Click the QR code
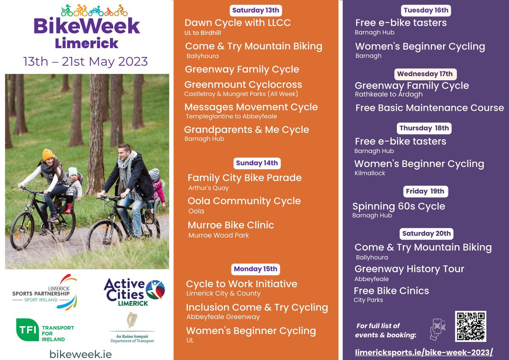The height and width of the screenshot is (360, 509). click(x=470, y=326)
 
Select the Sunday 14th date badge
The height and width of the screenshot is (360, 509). click(x=257, y=163)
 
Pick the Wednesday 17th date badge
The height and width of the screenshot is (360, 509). click(x=425, y=74)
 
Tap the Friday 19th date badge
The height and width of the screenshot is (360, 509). click(x=425, y=191)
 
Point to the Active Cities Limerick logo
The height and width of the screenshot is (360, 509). click(x=134, y=292)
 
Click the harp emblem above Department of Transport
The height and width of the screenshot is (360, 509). click(x=131, y=321)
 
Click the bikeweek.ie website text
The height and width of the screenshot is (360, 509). click(x=81, y=354)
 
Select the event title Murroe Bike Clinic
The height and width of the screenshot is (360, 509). click(x=231, y=225)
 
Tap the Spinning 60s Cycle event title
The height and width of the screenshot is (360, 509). click(x=399, y=206)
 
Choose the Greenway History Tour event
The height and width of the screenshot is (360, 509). click(x=409, y=269)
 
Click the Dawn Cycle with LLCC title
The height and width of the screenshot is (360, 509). click(x=238, y=23)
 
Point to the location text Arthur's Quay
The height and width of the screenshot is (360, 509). click(x=208, y=188)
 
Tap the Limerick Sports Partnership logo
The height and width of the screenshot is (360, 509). click(x=45, y=292)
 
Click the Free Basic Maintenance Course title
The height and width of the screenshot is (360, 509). click(x=429, y=108)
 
